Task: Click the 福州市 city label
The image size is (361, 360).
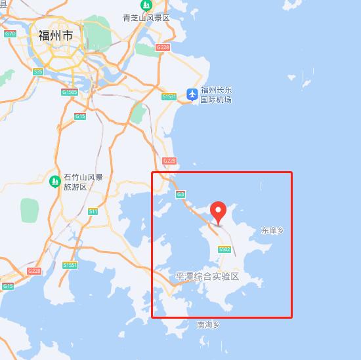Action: (x=55, y=35)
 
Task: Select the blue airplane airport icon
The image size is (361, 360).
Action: (x=192, y=94)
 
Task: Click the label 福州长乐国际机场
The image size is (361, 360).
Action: (x=216, y=95)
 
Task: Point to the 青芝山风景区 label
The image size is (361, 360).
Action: (x=146, y=18)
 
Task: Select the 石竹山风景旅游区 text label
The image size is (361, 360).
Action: (x=83, y=182)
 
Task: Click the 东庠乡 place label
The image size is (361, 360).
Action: (x=272, y=231)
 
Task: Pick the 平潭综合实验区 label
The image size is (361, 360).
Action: (x=207, y=277)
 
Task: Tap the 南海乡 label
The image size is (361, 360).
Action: (x=208, y=325)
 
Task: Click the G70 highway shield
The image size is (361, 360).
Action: (x=9, y=33)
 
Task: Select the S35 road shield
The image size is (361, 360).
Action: (x=38, y=71)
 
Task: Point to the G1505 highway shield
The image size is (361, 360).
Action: (x=70, y=92)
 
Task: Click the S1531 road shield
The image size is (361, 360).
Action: (x=169, y=96)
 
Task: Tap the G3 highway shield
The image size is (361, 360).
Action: (x=180, y=194)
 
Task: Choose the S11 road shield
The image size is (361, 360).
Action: (x=93, y=211)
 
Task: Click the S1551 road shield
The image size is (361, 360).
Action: (x=70, y=265)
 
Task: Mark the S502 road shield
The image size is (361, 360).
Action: (x=224, y=249)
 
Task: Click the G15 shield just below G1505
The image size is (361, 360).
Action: (x=80, y=116)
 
